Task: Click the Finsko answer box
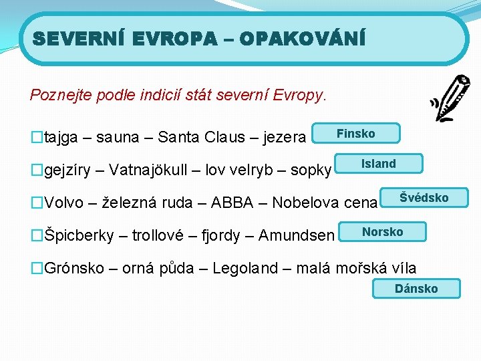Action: click(x=355, y=134)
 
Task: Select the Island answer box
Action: click(x=379, y=164)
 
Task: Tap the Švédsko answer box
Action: click(x=424, y=198)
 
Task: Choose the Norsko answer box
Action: click(x=382, y=232)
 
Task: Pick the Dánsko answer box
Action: click(x=416, y=289)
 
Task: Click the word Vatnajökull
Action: click(x=152, y=169)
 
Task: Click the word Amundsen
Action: click(x=297, y=235)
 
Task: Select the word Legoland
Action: click(x=246, y=268)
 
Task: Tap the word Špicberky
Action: click(x=78, y=235)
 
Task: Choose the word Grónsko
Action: click(x=73, y=268)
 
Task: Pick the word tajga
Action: click(x=61, y=138)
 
